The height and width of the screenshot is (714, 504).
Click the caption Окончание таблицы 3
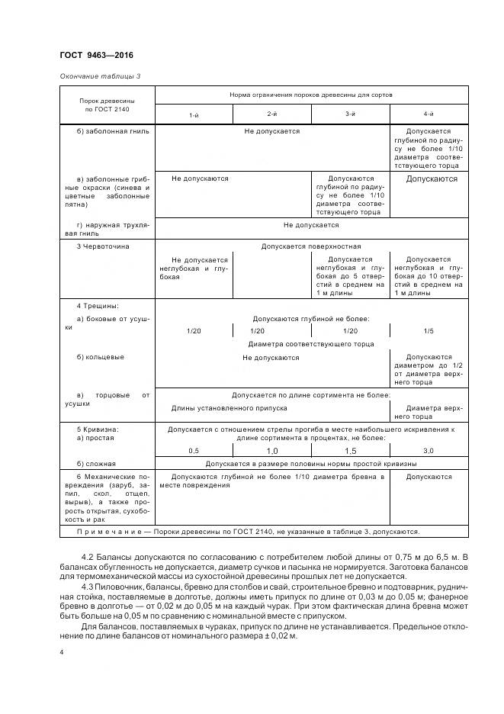(x=100, y=76)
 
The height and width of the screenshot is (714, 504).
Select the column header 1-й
(x=194, y=114)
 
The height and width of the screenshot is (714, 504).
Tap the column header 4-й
(x=429, y=114)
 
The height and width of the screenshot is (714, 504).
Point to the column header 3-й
(x=350, y=114)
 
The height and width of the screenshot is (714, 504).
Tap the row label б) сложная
(x=97, y=463)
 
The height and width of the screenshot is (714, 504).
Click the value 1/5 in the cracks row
(x=429, y=331)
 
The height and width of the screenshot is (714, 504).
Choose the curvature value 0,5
(x=194, y=451)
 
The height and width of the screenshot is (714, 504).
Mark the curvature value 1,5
(x=350, y=451)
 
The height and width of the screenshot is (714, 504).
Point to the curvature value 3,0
(x=429, y=451)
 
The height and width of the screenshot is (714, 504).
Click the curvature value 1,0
(x=271, y=451)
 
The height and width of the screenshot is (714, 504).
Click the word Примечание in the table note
(x=112, y=532)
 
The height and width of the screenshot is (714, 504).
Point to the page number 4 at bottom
(x=61, y=652)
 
